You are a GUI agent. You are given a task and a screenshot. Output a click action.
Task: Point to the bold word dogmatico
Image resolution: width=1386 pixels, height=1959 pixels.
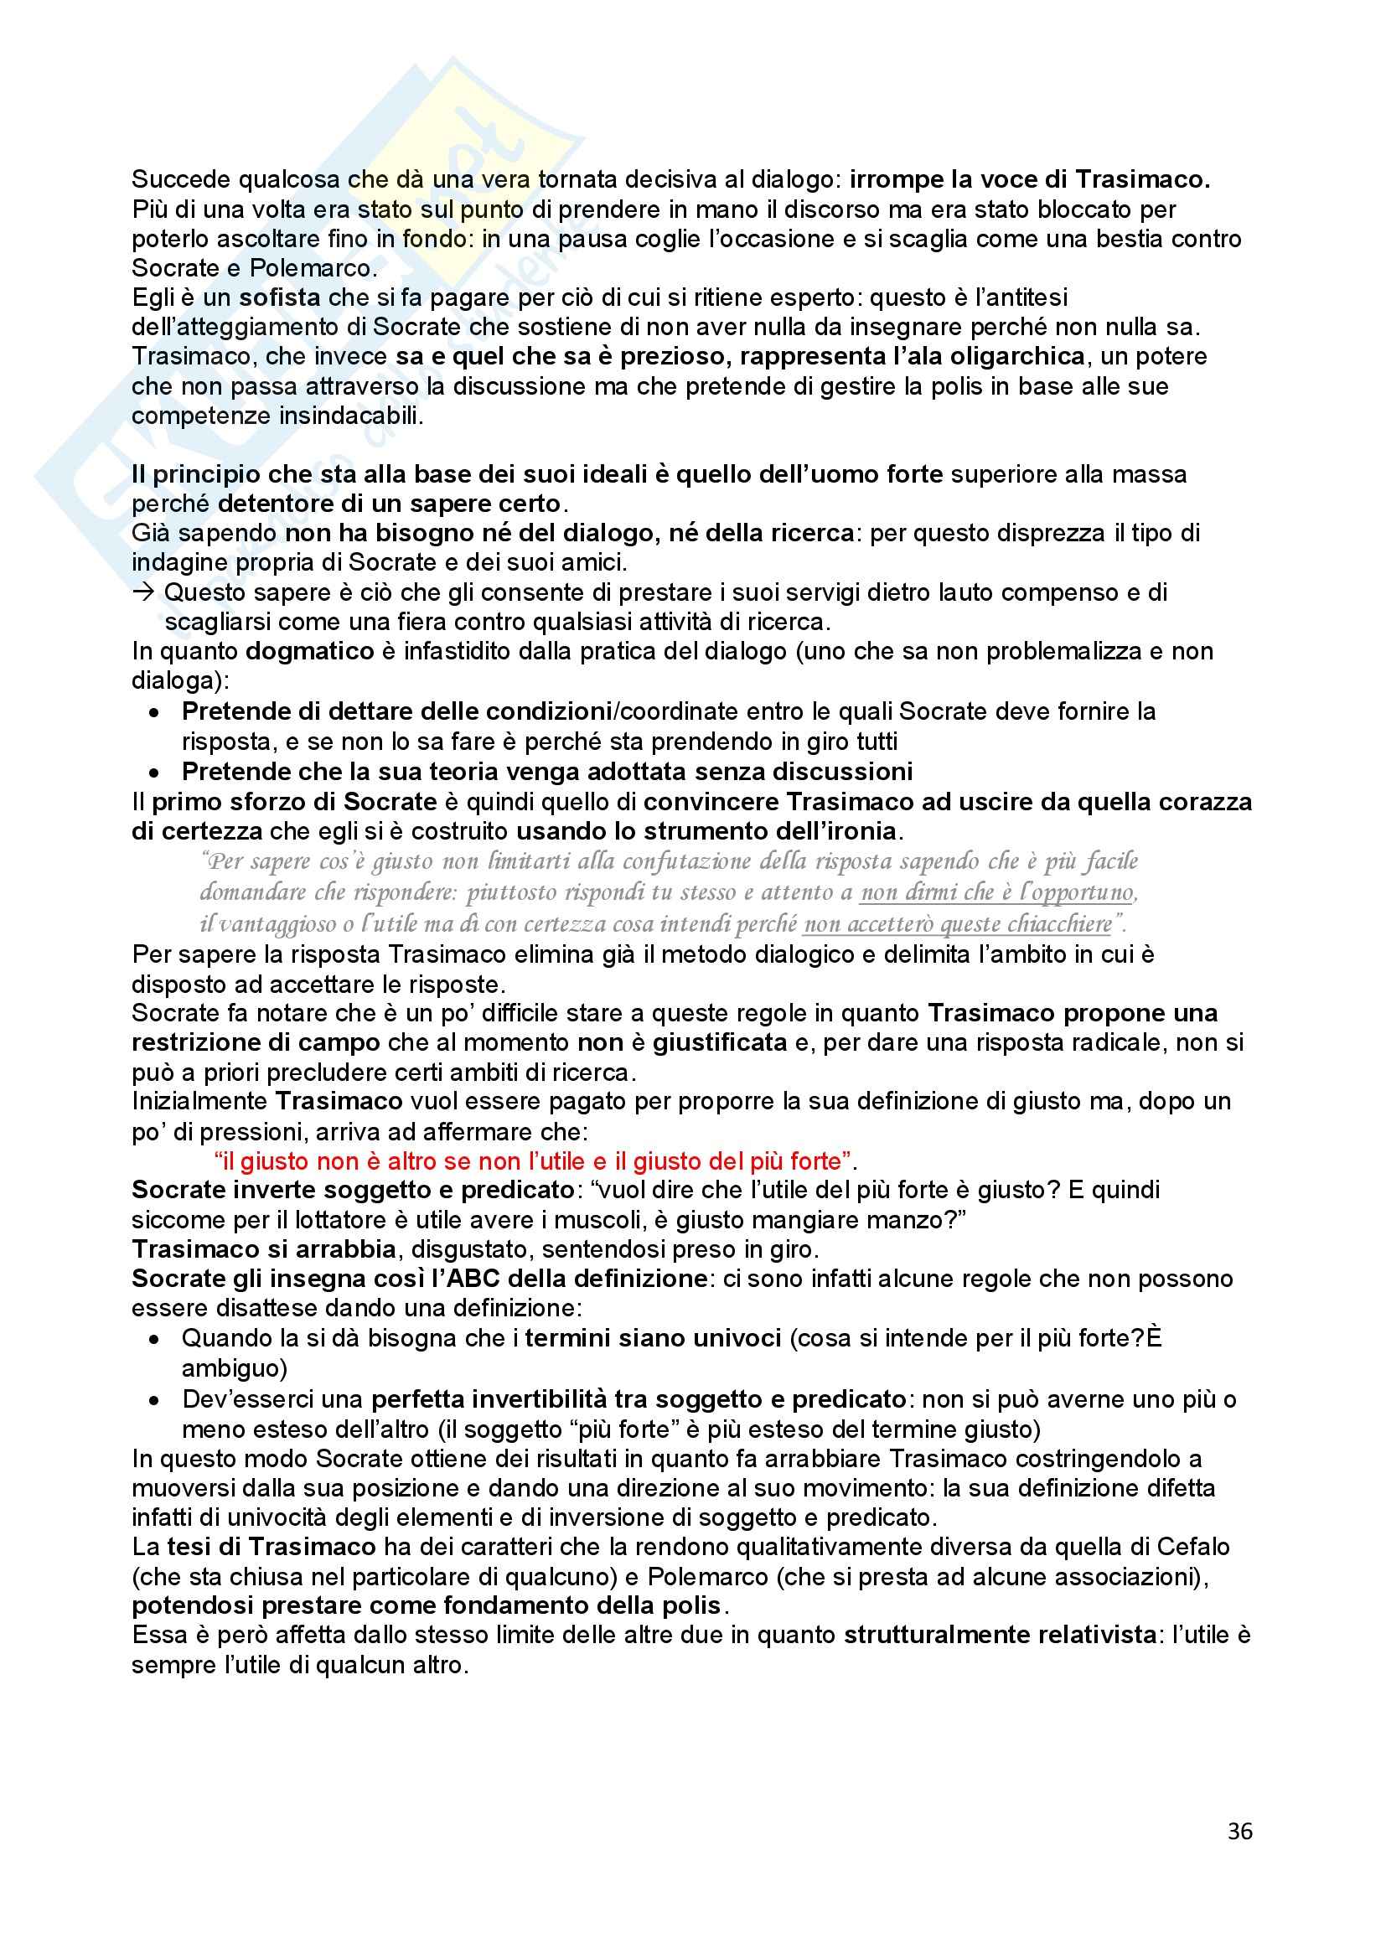coord(310,652)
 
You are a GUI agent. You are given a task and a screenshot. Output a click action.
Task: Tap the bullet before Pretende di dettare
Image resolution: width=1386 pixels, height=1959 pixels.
coord(154,712)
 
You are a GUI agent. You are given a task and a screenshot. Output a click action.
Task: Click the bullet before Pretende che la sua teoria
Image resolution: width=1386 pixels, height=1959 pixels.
coord(154,773)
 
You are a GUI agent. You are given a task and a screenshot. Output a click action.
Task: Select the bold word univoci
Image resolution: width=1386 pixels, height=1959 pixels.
coord(734,1339)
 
